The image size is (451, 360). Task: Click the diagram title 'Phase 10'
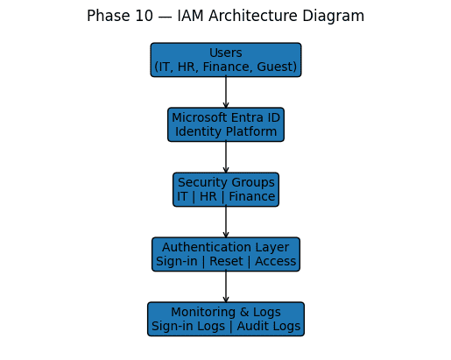coord(119,16)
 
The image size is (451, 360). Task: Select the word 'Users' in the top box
coord(226,53)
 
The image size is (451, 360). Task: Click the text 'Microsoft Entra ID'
coord(226,118)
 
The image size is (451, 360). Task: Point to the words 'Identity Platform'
coord(226,132)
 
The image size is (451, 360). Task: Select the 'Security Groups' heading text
coord(226,183)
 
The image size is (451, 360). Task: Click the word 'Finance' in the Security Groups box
coord(253,197)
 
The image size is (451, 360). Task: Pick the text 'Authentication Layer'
coord(226,248)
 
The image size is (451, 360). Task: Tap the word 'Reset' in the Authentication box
coord(226,261)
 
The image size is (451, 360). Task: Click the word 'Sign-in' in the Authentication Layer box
coord(178,261)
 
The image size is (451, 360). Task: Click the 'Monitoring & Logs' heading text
coord(226,313)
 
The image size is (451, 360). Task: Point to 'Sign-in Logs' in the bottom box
coord(188,327)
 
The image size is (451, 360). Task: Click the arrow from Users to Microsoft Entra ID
coord(226,93)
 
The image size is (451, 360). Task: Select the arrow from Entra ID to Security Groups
coord(226,158)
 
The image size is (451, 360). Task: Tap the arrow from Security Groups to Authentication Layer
coord(226,222)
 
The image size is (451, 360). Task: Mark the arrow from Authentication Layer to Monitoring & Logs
coord(226,287)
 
